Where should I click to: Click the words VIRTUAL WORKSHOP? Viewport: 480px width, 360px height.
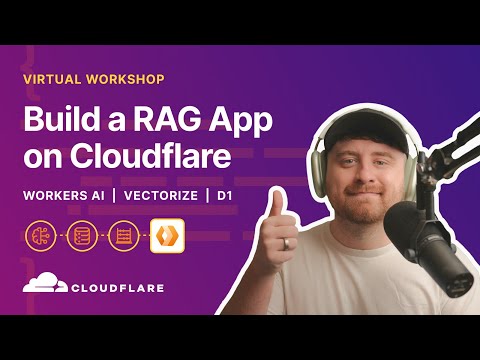click(95, 78)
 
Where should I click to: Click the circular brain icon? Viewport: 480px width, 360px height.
click(41, 236)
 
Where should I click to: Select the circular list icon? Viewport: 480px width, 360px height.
click(81, 236)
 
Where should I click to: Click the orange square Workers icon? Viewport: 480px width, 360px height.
click(164, 236)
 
